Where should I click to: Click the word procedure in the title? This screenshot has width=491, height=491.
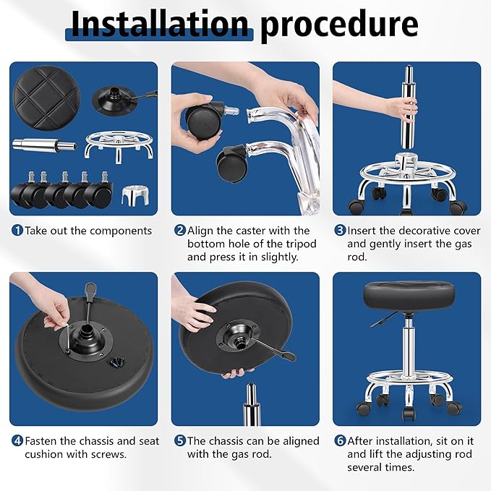coord(339,25)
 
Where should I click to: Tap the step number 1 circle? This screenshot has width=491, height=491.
coord(17,231)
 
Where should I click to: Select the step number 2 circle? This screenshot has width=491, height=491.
coord(179,231)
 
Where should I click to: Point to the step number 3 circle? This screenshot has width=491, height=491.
coord(340,231)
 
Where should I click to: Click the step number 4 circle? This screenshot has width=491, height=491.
coord(17,440)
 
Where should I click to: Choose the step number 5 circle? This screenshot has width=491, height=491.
coord(179,440)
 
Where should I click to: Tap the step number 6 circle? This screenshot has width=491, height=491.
coord(340,440)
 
